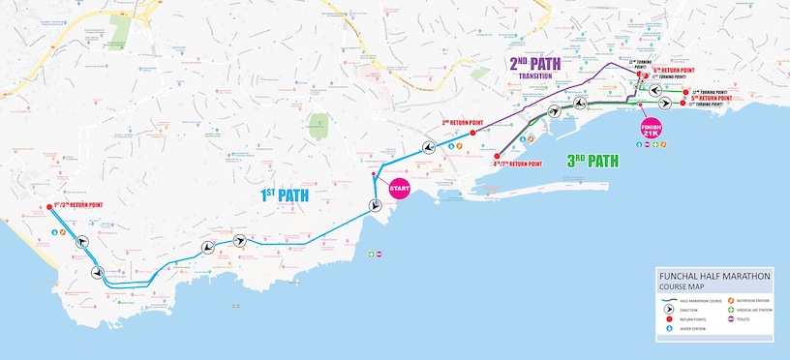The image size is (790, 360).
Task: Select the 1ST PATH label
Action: (284, 195)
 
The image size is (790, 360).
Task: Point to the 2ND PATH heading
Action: (534, 64)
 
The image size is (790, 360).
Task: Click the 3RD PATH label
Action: (592, 161)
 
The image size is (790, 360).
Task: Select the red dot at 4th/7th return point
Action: (496, 156)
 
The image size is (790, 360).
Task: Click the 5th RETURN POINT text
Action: (711, 98)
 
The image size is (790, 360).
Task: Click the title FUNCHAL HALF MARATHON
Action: (714, 276)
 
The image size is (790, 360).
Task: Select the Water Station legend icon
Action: (669, 329)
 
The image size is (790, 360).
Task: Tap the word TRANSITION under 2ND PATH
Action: (534, 75)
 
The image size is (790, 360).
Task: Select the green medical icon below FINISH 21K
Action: (655, 145)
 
